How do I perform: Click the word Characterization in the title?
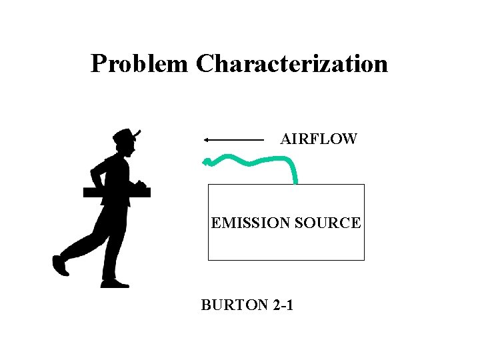[x=292, y=64]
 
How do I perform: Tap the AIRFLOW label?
[x=319, y=139]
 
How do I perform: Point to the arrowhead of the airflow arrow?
[x=206, y=140]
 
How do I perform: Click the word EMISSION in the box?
[x=250, y=223]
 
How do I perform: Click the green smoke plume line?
[x=253, y=161]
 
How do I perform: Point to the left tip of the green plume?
[x=206, y=161]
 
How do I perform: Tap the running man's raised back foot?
[x=60, y=265]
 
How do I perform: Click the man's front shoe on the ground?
[x=115, y=284]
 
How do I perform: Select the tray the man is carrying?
[x=117, y=192]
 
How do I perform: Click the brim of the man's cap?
[x=137, y=133]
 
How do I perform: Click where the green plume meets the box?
[x=295, y=182]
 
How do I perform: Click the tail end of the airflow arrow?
[x=263, y=140]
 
